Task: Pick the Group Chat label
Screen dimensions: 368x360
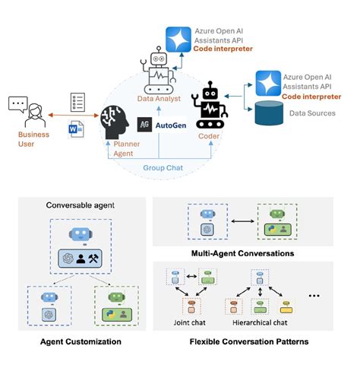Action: [161, 167]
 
